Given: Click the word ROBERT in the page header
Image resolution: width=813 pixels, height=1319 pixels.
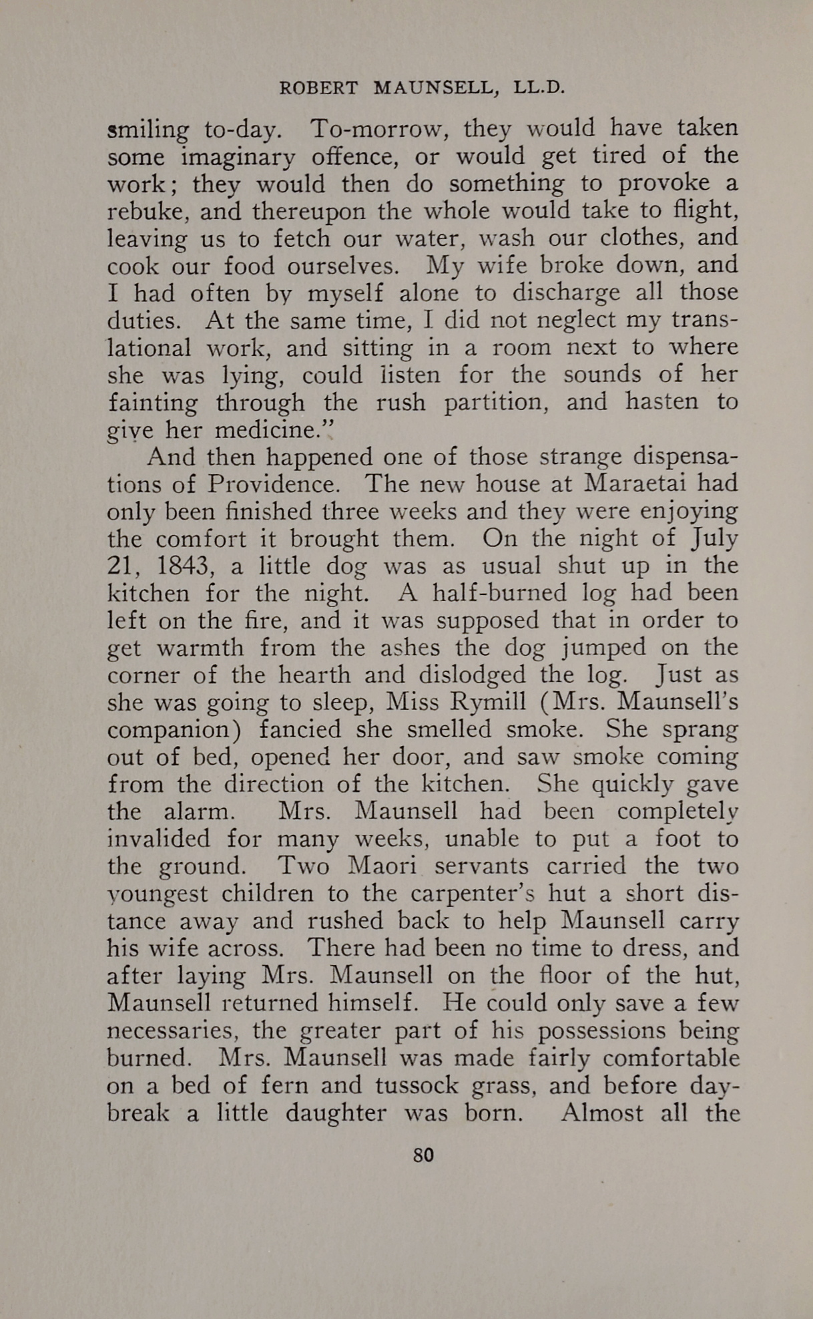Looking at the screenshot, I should point(318,88).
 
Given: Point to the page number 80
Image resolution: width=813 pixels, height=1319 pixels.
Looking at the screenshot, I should point(423,1155).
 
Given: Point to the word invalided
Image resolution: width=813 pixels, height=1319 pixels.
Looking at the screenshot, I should point(159,838).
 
